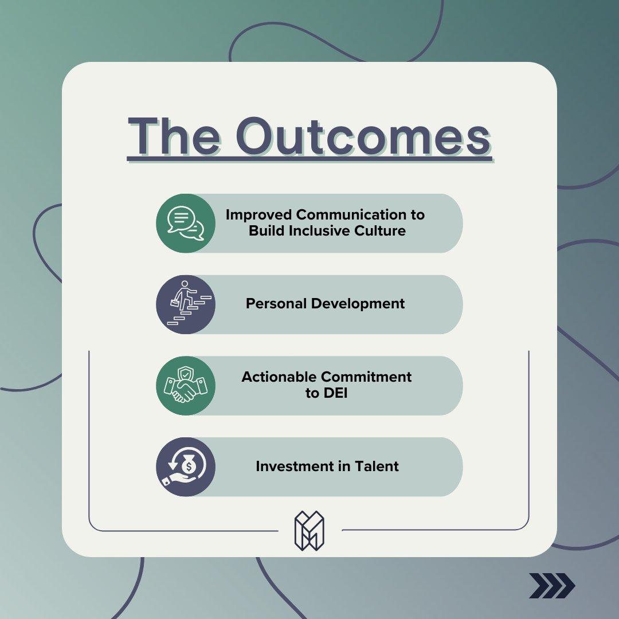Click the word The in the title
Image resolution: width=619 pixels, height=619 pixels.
tap(174, 138)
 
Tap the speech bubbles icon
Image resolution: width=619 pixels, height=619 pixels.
tap(186, 223)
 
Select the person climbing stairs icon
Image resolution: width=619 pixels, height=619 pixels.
tap(186, 304)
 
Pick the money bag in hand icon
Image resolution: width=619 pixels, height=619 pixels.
tap(186, 467)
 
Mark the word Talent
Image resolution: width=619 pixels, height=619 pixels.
tap(375, 467)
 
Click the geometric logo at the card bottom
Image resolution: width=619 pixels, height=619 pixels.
tap(309, 531)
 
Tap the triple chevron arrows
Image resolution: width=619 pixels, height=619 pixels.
tap(551, 585)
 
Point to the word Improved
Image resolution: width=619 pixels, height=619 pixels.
tap(259, 215)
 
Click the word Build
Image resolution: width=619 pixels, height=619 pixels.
tap(265, 231)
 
